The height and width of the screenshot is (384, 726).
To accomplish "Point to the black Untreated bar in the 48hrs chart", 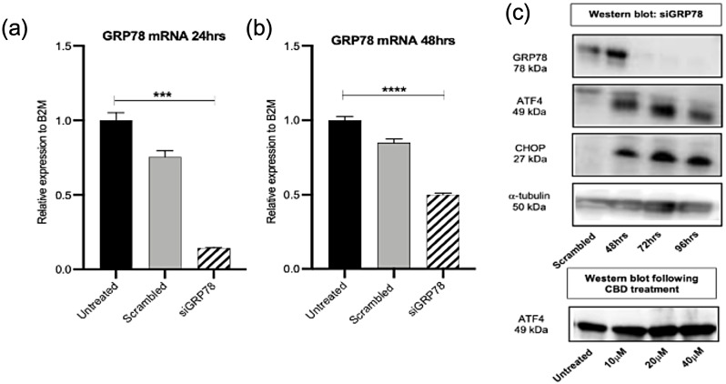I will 343,195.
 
